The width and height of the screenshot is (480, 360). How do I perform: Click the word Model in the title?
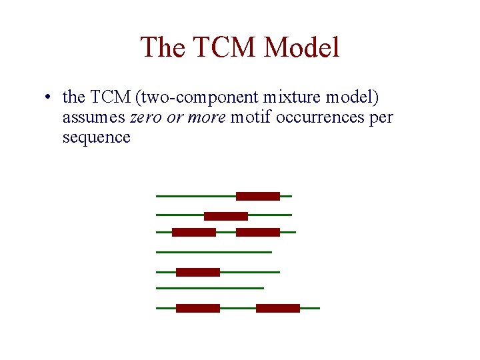point(302,48)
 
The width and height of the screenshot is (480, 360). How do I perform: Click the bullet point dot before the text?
point(45,97)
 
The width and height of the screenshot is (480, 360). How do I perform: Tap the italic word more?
point(210,117)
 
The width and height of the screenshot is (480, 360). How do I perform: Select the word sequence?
point(96,137)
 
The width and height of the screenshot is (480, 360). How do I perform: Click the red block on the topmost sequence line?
point(257,196)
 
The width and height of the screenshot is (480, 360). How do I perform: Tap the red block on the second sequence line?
point(225,216)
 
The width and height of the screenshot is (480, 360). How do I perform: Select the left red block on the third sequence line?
point(193,232)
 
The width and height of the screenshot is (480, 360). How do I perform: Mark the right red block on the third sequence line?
point(257,232)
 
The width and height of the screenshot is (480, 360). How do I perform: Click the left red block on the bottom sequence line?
point(197,308)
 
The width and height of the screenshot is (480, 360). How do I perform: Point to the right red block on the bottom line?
point(277,308)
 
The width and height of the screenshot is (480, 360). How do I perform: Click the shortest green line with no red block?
point(209,288)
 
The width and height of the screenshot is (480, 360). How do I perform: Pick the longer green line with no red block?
point(213,252)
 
